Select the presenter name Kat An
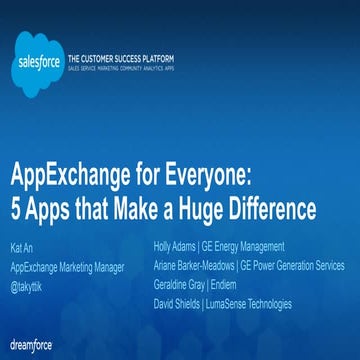[22, 245]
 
